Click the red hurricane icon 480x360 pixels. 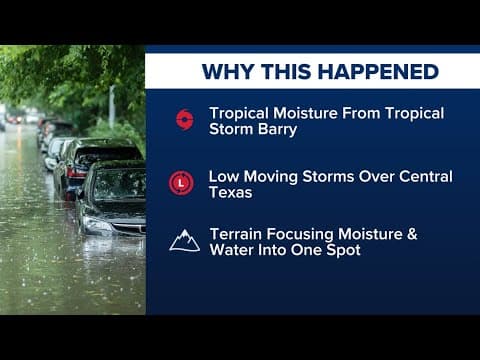click(x=184, y=120)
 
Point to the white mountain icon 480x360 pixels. click(x=184, y=240)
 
